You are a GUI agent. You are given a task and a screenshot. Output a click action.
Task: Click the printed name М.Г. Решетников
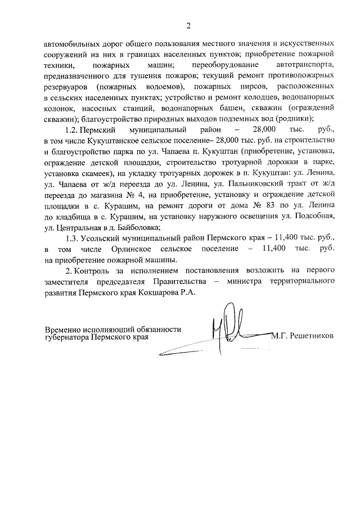(x=302, y=336)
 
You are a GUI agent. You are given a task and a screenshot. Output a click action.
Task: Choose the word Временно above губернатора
(x=64, y=330)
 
